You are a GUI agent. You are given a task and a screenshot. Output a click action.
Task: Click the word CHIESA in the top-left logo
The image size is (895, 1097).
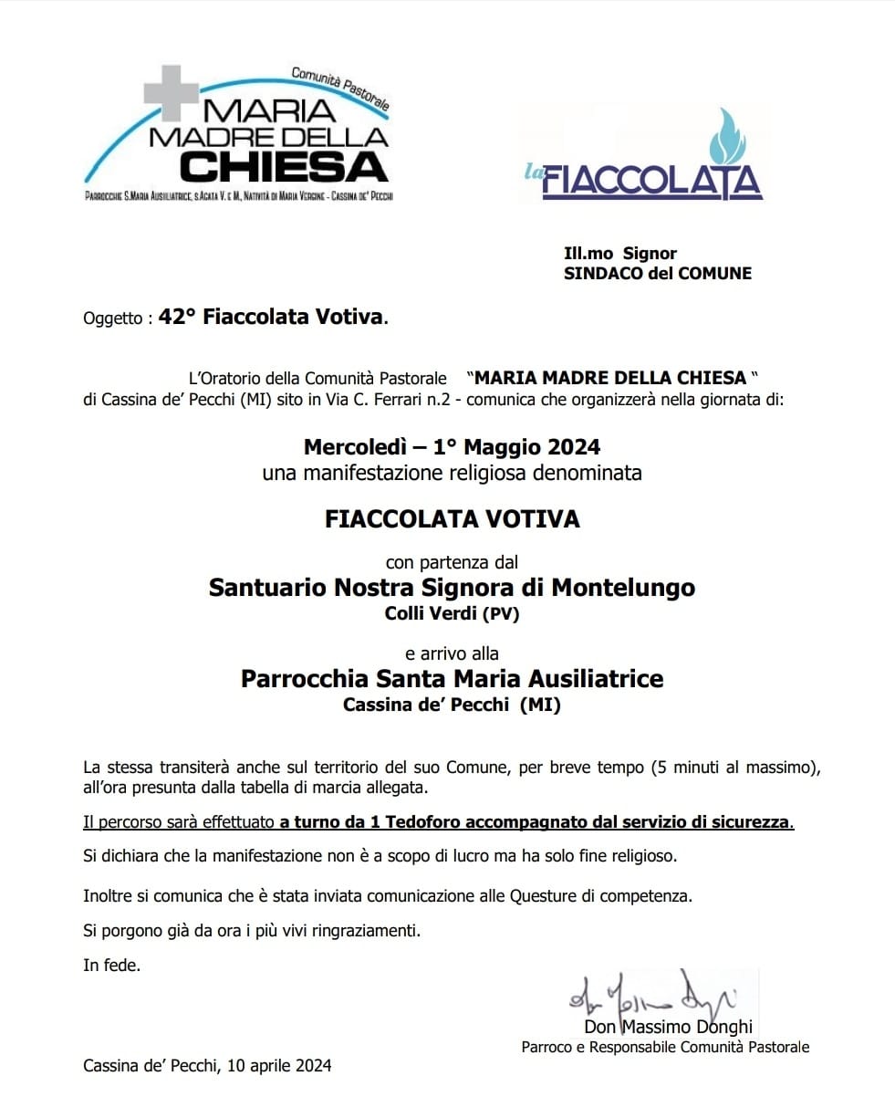pos(284,166)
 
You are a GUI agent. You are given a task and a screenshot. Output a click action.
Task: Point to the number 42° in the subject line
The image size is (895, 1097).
pos(178,318)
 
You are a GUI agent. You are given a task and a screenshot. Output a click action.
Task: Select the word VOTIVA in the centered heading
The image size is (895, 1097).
pos(537,519)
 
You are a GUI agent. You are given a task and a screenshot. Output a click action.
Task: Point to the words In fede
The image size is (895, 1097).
pos(111,965)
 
